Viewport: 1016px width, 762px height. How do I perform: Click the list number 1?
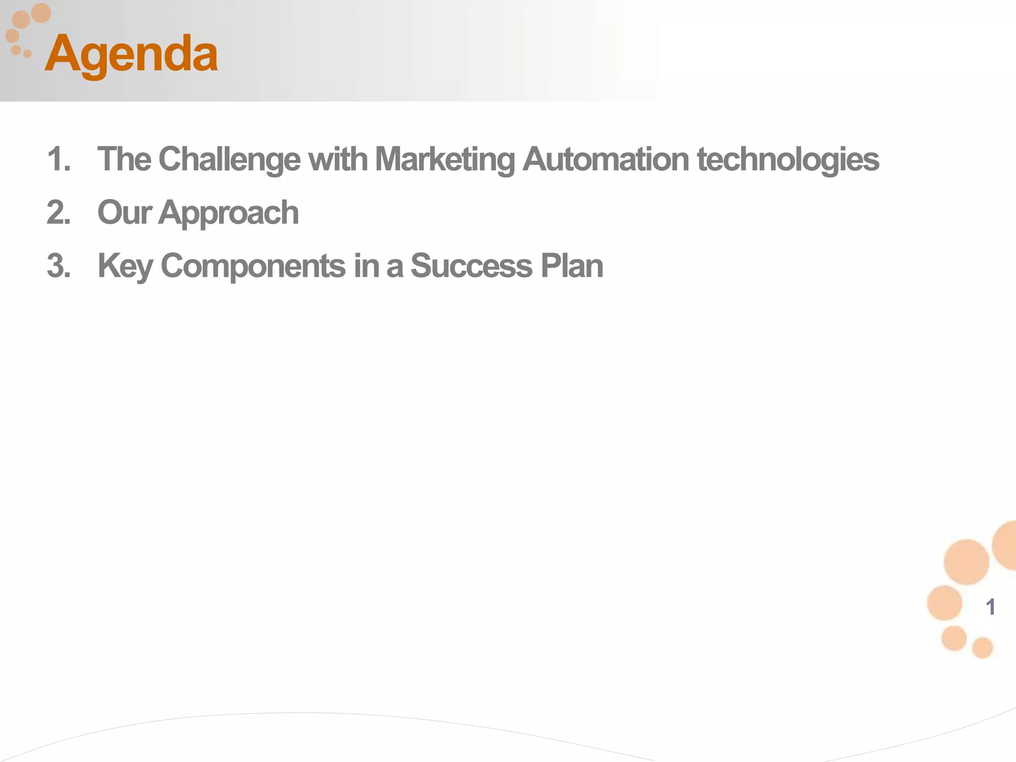pos(59,160)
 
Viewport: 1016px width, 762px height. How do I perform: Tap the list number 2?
pos(59,213)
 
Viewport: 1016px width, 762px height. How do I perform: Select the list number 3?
pos(59,266)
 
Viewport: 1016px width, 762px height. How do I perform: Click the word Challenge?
pos(229,160)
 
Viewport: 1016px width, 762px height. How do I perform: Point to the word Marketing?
pos(444,160)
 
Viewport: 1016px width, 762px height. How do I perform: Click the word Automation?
pos(605,160)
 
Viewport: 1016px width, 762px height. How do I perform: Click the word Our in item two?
pos(124,213)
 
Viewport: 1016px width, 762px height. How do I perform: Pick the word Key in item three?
pos(125,266)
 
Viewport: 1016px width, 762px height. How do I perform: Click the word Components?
pos(253,266)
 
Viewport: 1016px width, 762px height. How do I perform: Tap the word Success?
pos(471,266)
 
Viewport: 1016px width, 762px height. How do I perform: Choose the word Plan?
pos(571,266)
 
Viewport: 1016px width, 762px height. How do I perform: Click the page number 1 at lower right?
pos(990,607)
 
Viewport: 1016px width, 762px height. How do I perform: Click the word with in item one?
pos(337,160)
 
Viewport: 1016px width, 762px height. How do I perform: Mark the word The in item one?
pos(124,160)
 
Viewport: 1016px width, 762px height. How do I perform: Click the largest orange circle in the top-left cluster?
pos(41,12)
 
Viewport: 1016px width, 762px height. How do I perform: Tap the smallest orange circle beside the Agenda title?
pos(27,54)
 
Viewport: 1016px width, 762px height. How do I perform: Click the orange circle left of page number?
pos(944,603)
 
